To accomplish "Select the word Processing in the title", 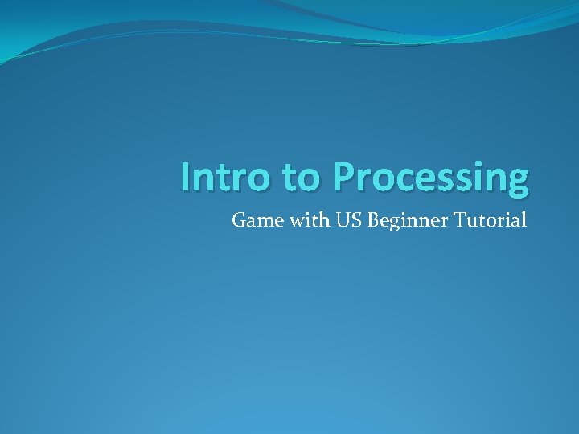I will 431,178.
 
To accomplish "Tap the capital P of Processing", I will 343,177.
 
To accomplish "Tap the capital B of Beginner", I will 372,219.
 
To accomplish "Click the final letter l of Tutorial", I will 524,219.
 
